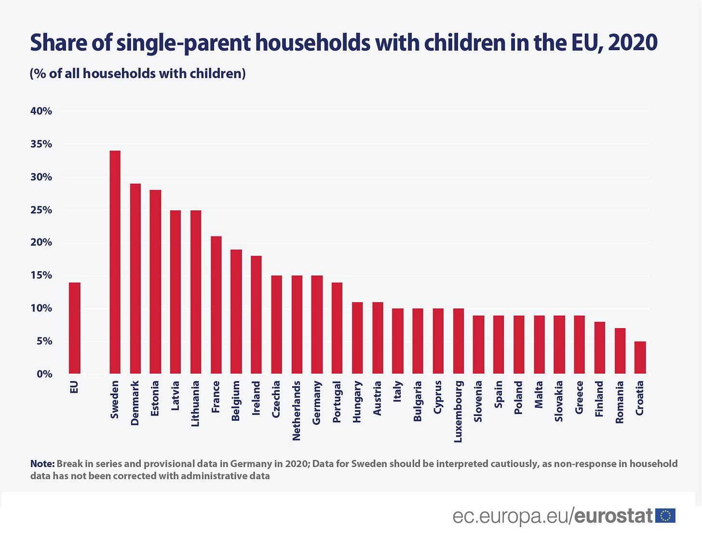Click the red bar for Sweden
click(115, 262)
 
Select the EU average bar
click(75, 328)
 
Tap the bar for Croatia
click(640, 358)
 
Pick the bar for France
click(216, 305)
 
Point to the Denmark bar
click(135, 278)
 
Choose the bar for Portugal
click(337, 328)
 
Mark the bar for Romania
click(620, 351)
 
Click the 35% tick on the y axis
click(41, 144)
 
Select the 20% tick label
click(41, 243)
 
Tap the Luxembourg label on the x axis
click(458, 411)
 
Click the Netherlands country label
click(297, 410)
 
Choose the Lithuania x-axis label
click(195, 403)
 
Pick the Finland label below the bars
click(599, 399)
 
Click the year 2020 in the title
click(633, 42)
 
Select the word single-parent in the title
click(184, 42)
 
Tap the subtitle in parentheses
click(138, 73)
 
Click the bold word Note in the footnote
click(42, 464)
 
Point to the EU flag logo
click(666, 516)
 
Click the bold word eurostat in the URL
click(613, 516)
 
